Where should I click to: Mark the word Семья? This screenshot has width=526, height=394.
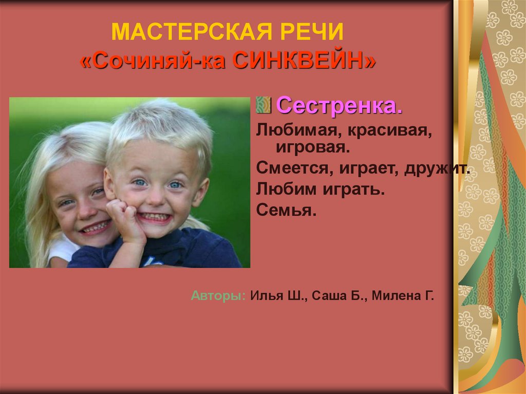(x=285, y=211)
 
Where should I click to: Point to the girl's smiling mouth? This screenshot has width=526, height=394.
(x=96, y=227)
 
